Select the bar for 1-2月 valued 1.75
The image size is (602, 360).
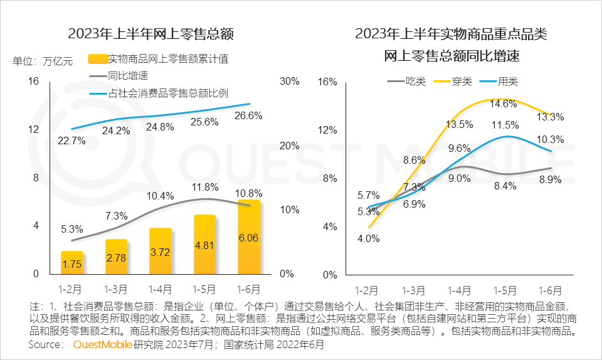tap(71, 263)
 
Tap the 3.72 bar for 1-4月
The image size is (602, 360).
tap(160, 251)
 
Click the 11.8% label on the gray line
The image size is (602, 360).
tap(205, 187)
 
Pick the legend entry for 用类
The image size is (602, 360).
tap(507, 82)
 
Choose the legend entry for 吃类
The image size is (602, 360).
tap(415, 82)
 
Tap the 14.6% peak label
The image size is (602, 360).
tap(504, 103)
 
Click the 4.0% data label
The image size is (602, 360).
tap(368, 238)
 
